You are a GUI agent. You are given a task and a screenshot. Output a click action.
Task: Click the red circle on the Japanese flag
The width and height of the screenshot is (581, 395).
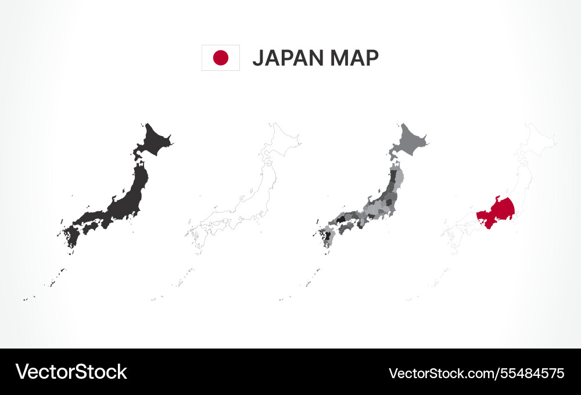(x=221, y=58)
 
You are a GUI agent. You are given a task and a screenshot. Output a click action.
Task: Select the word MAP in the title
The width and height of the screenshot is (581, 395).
(x=354, y=58)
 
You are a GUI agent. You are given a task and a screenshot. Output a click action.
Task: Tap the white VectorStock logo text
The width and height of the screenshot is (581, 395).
(x=71, y=372)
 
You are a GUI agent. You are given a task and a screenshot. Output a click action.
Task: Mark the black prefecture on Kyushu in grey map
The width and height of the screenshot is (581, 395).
(x=328, y=236)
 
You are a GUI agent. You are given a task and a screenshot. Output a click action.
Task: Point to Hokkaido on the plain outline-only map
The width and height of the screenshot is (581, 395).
(x=281, y=141)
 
